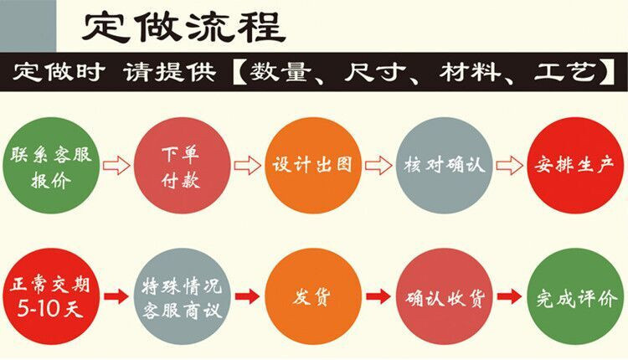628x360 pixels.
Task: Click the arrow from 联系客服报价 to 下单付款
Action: click(x=116, y=166)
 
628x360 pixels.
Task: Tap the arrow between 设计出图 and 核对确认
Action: click(x=378, y=166)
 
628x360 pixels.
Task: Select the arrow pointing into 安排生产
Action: click(x=507, y=166)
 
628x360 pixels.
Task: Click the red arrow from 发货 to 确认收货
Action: click(x=378, y=296)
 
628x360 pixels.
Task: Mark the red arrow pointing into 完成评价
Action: click(x=507, y=296)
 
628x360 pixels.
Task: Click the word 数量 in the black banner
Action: click(x=289, y=73)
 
